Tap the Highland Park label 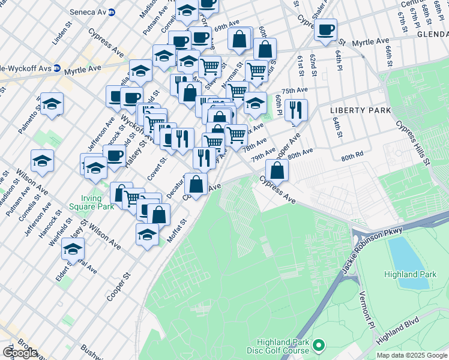pos(411,274)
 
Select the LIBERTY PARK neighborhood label pos(360,110)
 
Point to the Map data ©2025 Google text pos(412,355)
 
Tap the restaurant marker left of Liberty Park pos(295,109)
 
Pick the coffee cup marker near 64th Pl pos(326,29)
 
